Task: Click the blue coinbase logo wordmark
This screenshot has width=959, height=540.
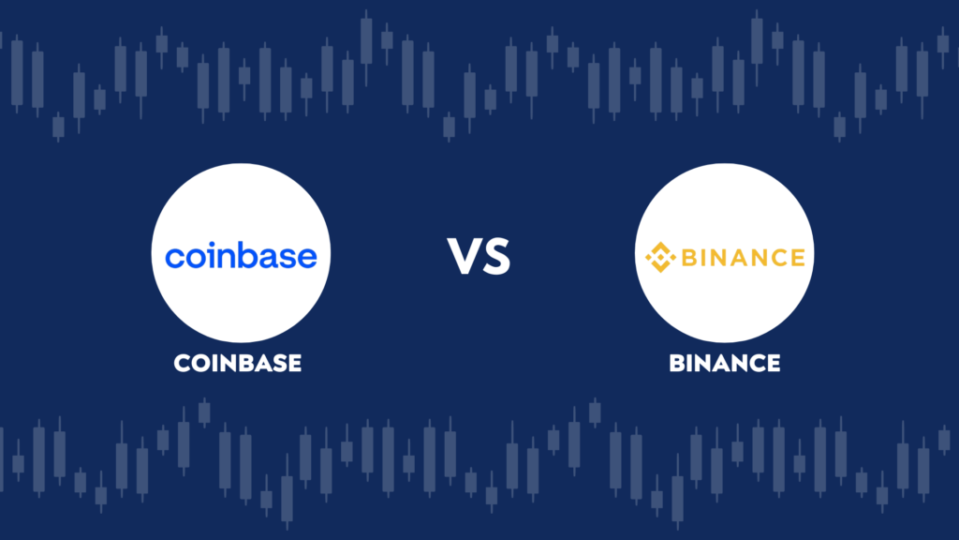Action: (x=241, y=255)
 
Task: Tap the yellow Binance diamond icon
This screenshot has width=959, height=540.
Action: (x=660, y=257)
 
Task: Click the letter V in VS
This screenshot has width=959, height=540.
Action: (x=464, y=256)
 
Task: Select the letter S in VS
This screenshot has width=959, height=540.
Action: (x=496, y=257)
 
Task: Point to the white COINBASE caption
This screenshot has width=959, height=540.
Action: (x=237, y=363)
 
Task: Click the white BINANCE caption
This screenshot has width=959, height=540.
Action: (x=725, y=363)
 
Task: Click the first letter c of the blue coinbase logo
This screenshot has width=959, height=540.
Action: (x=174, y=258)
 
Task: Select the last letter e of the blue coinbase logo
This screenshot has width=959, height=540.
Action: (x=307, y=258)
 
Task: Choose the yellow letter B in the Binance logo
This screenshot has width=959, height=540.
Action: (x=690, y=258)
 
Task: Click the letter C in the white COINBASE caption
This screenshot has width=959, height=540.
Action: (x=183, y=363)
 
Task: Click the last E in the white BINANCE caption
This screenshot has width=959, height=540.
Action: (x=773, y=363)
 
